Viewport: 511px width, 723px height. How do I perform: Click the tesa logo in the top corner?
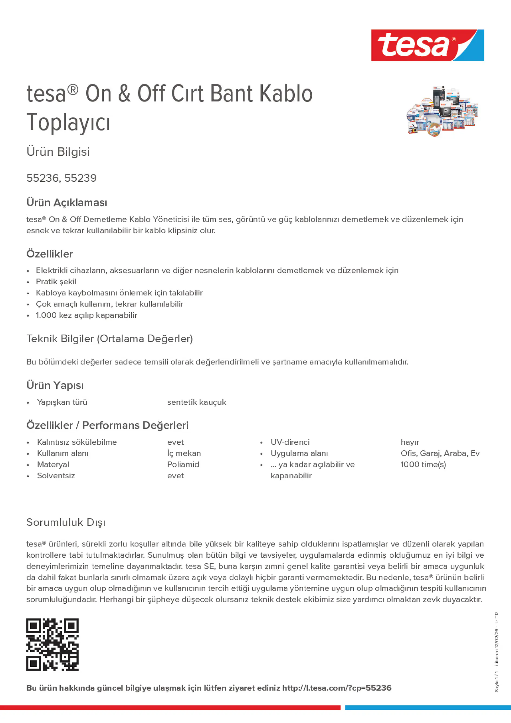tap(427, 45)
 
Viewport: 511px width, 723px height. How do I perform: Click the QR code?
tap(52, 644)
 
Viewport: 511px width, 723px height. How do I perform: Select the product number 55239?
tap(80, 178)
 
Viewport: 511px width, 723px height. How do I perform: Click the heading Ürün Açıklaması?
tap(67, 202)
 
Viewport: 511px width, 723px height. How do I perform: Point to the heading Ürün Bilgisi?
tap(58, 152)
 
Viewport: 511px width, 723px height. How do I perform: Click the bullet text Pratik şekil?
tap(56, 282)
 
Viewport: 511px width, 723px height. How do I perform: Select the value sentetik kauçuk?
tap(197, 402)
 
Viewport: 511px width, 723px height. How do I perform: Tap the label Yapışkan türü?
tap(62, 402)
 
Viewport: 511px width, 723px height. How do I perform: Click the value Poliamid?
tap(183, 464)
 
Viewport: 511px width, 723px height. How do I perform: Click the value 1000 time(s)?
tap(423, 464)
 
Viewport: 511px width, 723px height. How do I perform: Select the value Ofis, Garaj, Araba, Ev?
tap(440, 453)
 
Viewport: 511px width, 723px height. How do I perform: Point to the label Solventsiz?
tap(56, 476)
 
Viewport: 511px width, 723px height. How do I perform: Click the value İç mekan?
tap(184, 453)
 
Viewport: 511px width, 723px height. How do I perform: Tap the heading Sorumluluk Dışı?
tap(66, 522)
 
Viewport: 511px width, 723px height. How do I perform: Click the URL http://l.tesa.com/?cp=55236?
tap(336, 688)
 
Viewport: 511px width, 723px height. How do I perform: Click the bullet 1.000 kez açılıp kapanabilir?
tap(87, 315)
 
